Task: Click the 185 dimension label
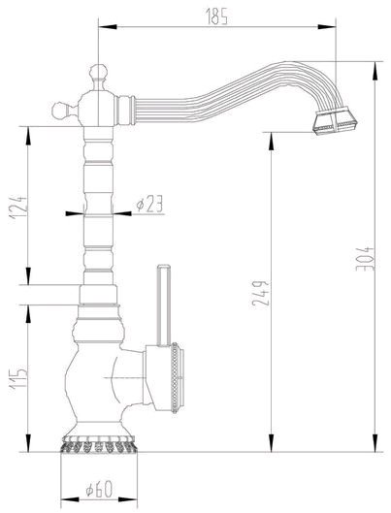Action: click(x=216, y=16)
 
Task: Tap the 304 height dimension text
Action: click(x=365, y=259)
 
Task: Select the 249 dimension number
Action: click(x=261, y=293)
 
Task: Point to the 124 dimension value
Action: click(x=18, y=208)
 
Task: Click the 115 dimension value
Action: click(x=18, y=379)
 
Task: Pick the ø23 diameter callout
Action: click(x=149, y=205)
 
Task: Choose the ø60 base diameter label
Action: click(x=99, y=489)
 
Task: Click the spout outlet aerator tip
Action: click(x=335, y=122)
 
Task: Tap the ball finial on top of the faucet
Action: click(x=99, y=72)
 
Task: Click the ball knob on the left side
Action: click(x=60, y=111)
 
